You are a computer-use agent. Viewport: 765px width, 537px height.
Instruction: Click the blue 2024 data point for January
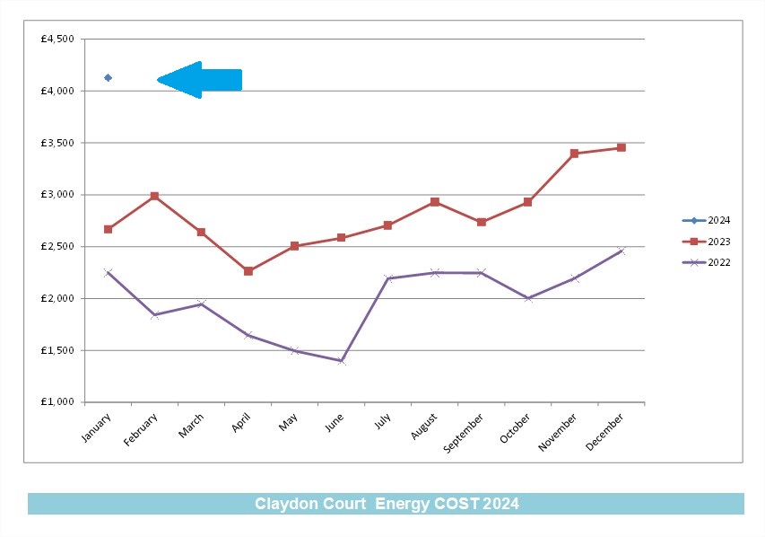coord(108,78)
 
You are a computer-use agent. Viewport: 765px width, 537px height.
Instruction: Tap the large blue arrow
coord(199,80)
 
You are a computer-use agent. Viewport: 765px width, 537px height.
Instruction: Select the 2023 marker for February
coord(154,196)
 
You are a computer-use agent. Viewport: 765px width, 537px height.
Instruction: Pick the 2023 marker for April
coord(248,271)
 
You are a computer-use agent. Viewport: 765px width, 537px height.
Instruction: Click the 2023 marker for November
coord(574,154)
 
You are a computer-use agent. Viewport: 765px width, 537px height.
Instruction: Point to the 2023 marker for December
coord(622,147)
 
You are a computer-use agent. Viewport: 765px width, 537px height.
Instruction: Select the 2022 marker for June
coord(342,361)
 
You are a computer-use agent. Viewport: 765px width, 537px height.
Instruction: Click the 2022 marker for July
coord(387,278)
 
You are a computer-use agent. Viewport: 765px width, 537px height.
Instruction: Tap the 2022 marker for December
coord(622,251)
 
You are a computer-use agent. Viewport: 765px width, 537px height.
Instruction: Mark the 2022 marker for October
coord(528,298)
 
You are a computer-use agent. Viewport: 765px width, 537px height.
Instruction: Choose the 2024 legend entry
coord(706,220)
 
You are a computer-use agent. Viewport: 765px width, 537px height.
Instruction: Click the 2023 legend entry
coord(706,242)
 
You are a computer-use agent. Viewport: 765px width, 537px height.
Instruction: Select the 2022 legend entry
coord(706,262)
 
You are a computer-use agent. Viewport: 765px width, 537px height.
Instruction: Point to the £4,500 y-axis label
coord(57,40)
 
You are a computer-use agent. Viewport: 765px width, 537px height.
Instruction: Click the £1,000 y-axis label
coord(57,401)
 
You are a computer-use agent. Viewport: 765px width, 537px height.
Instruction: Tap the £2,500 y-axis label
coord(57,246)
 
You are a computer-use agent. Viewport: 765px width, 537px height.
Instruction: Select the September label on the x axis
coord(463,433)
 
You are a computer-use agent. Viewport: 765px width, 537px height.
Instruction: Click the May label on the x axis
coord(288,422)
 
